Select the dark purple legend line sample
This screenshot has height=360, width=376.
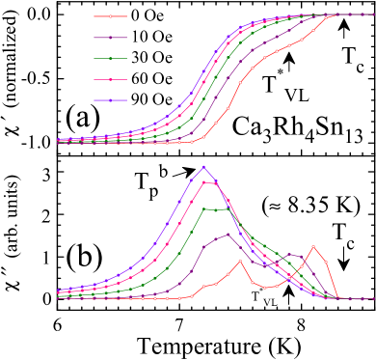(x=110, y=38)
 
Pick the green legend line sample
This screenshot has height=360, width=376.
(x=110, y=59)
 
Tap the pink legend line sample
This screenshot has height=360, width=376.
(x=110, y=80)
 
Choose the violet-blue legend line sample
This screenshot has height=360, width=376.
(x=110, y=100)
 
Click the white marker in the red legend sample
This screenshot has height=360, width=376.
(x=110, y=16)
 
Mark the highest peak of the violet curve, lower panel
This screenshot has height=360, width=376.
(x=203, y=167)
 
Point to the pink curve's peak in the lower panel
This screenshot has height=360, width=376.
(x=204, y=182)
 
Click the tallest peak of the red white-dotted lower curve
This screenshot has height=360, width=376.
(x=313, y=246)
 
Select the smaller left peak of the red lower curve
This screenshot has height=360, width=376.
(x=240, y=261)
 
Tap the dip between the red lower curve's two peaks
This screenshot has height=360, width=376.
(x=265, y=288)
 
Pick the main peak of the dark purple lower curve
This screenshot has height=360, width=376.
(x=228, y=234)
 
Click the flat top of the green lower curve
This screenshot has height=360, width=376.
(x=216, y=208)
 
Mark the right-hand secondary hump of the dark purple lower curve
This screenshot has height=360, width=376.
(x=289, y=254)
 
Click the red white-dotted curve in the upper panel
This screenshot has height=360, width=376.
(x=240, y=83)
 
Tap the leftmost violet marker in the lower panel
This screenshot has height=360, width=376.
(x=58, y=290)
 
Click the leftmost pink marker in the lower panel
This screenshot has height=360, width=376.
(x=58, y=291)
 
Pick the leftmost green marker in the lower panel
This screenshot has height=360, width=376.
(x=58, y=295)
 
